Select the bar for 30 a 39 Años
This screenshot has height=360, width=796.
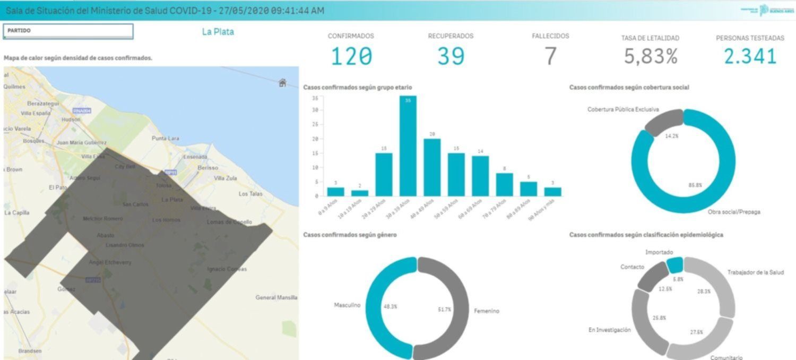pyautogui.click(x=408, y=146)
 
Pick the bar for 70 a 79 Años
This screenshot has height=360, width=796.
pyautogui.click(x=504, y=184)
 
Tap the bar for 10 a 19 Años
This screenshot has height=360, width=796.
pyautogui.click(x=359, y=193)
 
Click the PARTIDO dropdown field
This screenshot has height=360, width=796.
pyautogui.click(x=68, y=31)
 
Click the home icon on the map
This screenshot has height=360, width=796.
pyautogui.click(x=282, y=82)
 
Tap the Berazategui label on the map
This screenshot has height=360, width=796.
pyautogui.click(x=43, y=104)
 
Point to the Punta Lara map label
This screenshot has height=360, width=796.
pyautogui.click(x=165, y=138)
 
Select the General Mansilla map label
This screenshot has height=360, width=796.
pyautogui.click(x=276, y=297)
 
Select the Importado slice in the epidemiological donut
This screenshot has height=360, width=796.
pyautogui.click(x=674, y=264)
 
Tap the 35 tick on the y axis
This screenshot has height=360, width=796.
pyautogui.click(x=315, y=98)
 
